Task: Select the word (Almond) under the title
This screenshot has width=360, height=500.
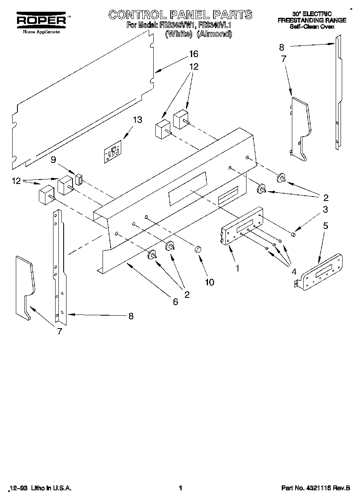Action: [214, 34]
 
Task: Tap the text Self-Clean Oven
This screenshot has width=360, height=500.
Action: [312, 27]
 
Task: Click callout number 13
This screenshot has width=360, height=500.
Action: [138, 120]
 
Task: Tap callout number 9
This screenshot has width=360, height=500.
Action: [53, 160]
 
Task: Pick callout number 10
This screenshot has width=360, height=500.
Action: [209, 282]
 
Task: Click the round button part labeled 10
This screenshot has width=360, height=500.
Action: [198, 249]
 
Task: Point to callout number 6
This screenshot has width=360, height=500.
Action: [175, 301]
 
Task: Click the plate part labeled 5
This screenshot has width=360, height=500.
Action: [320, 271]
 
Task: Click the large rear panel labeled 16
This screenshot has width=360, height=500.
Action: [81, 101]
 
